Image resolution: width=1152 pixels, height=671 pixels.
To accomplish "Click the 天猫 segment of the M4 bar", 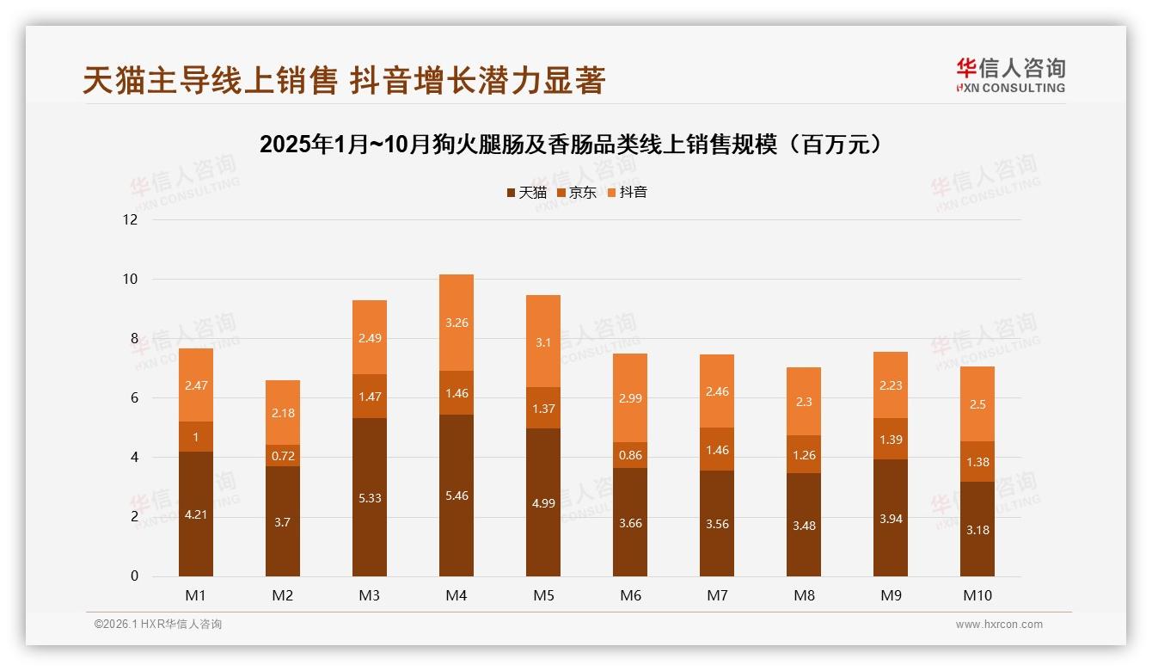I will (456, 496).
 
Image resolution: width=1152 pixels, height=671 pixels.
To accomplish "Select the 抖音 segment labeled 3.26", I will (456, 323).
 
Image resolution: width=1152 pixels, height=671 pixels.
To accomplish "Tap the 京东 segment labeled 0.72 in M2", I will (283, 456).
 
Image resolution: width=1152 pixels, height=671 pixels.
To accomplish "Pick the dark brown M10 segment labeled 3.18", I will (977, 530).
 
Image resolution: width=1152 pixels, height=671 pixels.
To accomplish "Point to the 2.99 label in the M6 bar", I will (629, 398).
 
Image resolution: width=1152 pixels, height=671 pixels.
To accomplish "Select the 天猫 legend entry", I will (526, 192).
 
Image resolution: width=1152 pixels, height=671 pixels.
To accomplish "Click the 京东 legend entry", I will (576, 192).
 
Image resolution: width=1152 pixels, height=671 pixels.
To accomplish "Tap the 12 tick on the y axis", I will (130, 219).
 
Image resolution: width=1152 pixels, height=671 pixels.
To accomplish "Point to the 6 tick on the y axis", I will (133, 397).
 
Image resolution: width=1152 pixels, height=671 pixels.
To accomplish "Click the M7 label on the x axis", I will (717, 595).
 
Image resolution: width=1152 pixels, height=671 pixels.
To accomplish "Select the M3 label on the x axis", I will (370, 595).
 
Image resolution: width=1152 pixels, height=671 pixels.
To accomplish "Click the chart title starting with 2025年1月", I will (571, 144).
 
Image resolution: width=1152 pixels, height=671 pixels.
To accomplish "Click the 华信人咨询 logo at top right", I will (1010, 75).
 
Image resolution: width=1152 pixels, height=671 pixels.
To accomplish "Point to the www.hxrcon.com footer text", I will (999, 625).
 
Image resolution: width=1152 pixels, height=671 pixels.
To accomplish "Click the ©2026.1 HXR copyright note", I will (158, 625).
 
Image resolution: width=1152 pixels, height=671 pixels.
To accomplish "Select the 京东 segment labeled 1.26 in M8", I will (804, 454).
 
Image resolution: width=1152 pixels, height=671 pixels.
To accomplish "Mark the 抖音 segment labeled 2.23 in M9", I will (890, 385).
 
